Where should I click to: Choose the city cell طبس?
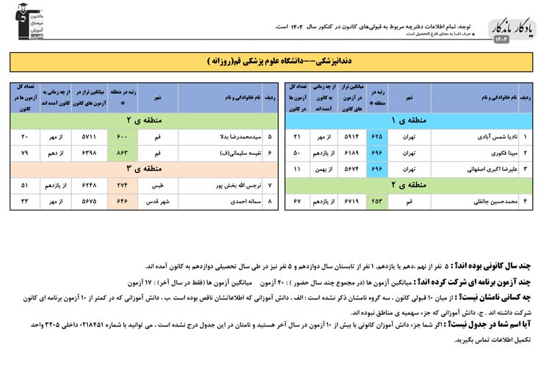point(158,185)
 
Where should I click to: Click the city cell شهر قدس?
point(158,200)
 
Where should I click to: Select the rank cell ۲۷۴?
point(122,185)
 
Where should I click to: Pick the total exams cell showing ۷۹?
point(25,153)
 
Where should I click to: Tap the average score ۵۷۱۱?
point(89,136)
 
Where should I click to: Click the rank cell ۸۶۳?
point(122,153)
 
